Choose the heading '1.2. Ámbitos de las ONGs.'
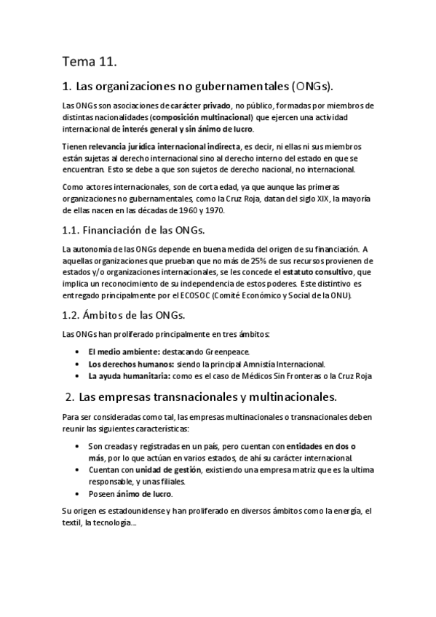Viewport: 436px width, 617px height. (x=124, y=315)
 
